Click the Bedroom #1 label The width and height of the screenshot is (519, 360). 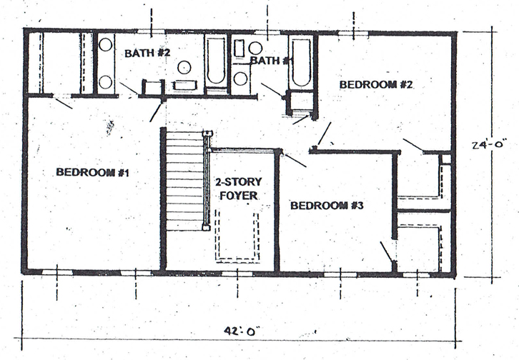[x=92, y=172]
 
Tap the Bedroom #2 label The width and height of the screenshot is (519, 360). [x=376, y=84]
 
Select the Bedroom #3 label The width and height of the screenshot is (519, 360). [x=327, y=206]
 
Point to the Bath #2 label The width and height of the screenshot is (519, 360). [x=147, y=53]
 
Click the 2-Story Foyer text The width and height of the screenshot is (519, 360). [x=239, y=189]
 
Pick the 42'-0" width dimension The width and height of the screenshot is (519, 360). [x=241, y=331]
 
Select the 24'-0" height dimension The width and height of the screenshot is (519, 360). [x=489, y=145]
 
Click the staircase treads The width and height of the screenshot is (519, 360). [x=184, y=180]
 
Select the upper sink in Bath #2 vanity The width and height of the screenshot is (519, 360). [x=106, y=44]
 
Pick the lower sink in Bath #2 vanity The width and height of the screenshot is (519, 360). [x=106, y=82]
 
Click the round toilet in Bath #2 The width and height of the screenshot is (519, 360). [x=184, y=67]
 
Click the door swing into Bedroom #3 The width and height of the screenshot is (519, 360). [x=295, y=160]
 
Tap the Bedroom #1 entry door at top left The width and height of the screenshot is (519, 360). [x=62, y=102]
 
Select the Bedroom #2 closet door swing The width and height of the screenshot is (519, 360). [x=412, y=145]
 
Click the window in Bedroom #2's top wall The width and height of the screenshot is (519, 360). [x=353, y=34]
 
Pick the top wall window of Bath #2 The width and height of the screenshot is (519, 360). [x=152, y=31]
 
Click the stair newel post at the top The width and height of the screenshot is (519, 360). [x=207, y=134]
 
